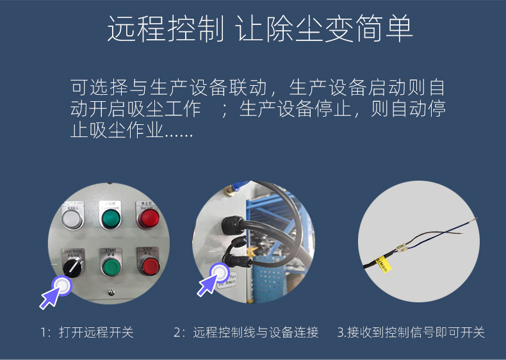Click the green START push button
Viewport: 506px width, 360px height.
point(110,266)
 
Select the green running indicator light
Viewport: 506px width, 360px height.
point(110,219)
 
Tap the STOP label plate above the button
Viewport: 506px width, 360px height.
point(147,250)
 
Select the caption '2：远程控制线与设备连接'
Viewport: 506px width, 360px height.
point(246,332)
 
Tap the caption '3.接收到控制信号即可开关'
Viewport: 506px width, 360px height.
point(411,332)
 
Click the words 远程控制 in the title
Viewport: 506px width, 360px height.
point(165,29)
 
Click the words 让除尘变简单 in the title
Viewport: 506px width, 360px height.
point(324,29)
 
